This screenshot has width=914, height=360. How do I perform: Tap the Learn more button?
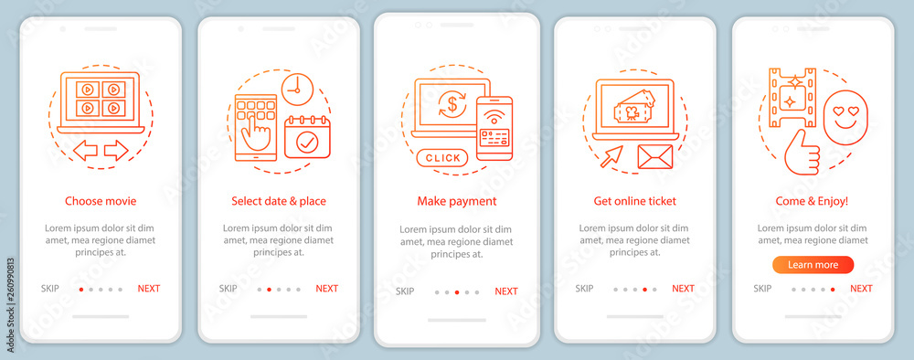(813, 265)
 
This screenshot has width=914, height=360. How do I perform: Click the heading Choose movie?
(101, 202)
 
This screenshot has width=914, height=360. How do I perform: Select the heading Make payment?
(456, 202)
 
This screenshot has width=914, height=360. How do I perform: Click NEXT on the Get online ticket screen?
(683, 289)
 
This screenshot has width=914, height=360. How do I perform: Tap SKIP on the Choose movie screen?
(50, 289)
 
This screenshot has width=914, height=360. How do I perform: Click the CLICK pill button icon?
(442, 157)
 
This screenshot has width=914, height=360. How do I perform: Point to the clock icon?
(297, 90)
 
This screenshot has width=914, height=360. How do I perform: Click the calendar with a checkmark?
(307, 137)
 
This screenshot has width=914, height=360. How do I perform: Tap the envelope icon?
(654, 156)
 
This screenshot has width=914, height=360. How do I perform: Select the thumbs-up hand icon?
(802, 152)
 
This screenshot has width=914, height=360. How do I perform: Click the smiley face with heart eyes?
(845, 117)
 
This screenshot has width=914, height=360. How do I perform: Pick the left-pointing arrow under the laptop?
(85, 150)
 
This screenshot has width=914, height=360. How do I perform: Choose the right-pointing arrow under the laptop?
(116, 150)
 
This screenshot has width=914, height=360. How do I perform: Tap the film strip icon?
(792, 97)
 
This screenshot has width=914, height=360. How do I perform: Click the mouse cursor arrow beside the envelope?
(612, 155)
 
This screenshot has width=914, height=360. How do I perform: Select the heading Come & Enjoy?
(812, 202)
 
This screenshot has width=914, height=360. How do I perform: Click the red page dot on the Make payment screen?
(456, 292)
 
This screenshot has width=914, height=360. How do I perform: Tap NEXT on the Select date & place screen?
(326, 289)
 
